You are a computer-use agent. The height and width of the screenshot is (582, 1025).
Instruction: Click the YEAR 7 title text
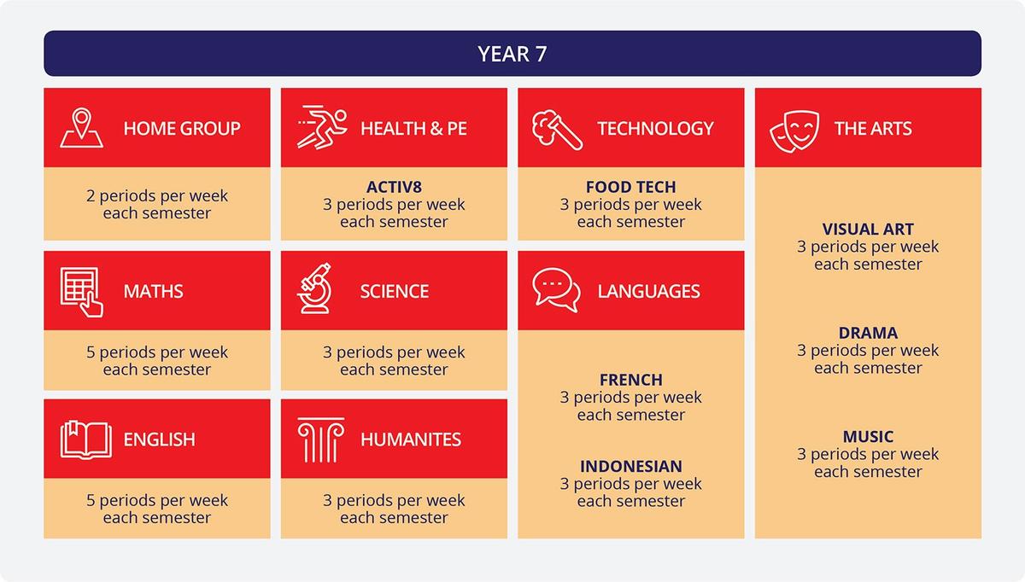click(512, 54)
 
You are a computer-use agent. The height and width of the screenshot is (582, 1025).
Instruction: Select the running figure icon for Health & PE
click(322, 127)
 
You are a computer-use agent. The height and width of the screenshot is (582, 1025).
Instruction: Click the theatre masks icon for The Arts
click(794, 131)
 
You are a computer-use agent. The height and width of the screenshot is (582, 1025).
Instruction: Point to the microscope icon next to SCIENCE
click(315, 288)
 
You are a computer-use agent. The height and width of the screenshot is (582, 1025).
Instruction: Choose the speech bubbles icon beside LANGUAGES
click(556, 290)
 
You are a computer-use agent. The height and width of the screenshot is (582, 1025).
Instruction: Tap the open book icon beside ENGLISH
click(85, 439)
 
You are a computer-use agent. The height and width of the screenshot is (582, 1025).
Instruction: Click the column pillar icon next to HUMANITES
click(321, 439)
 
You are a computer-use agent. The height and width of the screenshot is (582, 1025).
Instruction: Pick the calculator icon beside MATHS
click(81, 292)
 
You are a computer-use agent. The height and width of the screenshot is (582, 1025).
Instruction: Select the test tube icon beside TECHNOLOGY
click(557, 130)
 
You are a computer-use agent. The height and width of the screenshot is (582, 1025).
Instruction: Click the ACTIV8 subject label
click(394, 187)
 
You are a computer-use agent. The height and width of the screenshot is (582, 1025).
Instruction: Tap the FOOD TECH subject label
click(631, 187)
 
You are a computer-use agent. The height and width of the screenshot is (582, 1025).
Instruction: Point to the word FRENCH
click(631, 380)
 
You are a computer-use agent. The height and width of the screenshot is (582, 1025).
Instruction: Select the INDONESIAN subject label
click(631, 466)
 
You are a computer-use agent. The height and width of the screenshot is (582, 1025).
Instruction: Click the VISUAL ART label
click(868, 229)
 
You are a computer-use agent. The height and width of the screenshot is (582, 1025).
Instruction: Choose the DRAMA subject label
click(868, 333)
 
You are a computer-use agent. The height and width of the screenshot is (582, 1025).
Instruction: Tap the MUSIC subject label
click(868, 437)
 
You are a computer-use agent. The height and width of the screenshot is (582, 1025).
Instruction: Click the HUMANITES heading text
click(411, 439)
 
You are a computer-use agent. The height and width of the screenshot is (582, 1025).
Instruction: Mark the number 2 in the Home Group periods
click(91, 196)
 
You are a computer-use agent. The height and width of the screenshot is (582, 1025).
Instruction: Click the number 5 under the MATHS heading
click(91, 352)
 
